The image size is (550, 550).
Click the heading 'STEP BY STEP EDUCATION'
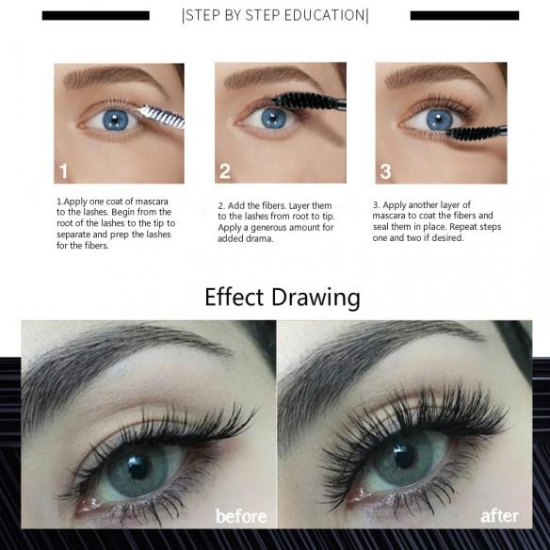point(275,15)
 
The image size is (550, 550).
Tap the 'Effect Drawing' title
point(282,298)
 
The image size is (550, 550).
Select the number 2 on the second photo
point(225,170)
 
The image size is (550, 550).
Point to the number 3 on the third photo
point(386,170)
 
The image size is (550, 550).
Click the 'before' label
point(240,515)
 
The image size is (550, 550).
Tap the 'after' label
point(499,515)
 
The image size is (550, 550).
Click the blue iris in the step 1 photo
point(117,120)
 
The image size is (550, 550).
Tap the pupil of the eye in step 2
point(275,119)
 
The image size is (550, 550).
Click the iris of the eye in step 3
point(439,120)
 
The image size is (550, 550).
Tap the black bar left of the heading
point(96,15)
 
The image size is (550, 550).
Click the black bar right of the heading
point(464,15)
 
